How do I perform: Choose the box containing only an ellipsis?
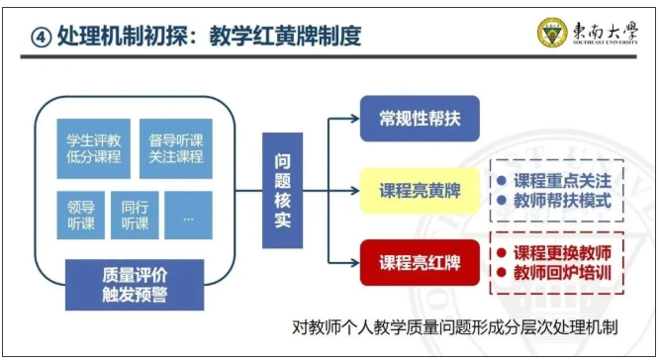click(x=189, y=216)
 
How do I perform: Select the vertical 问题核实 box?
click(x=281, y=191)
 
